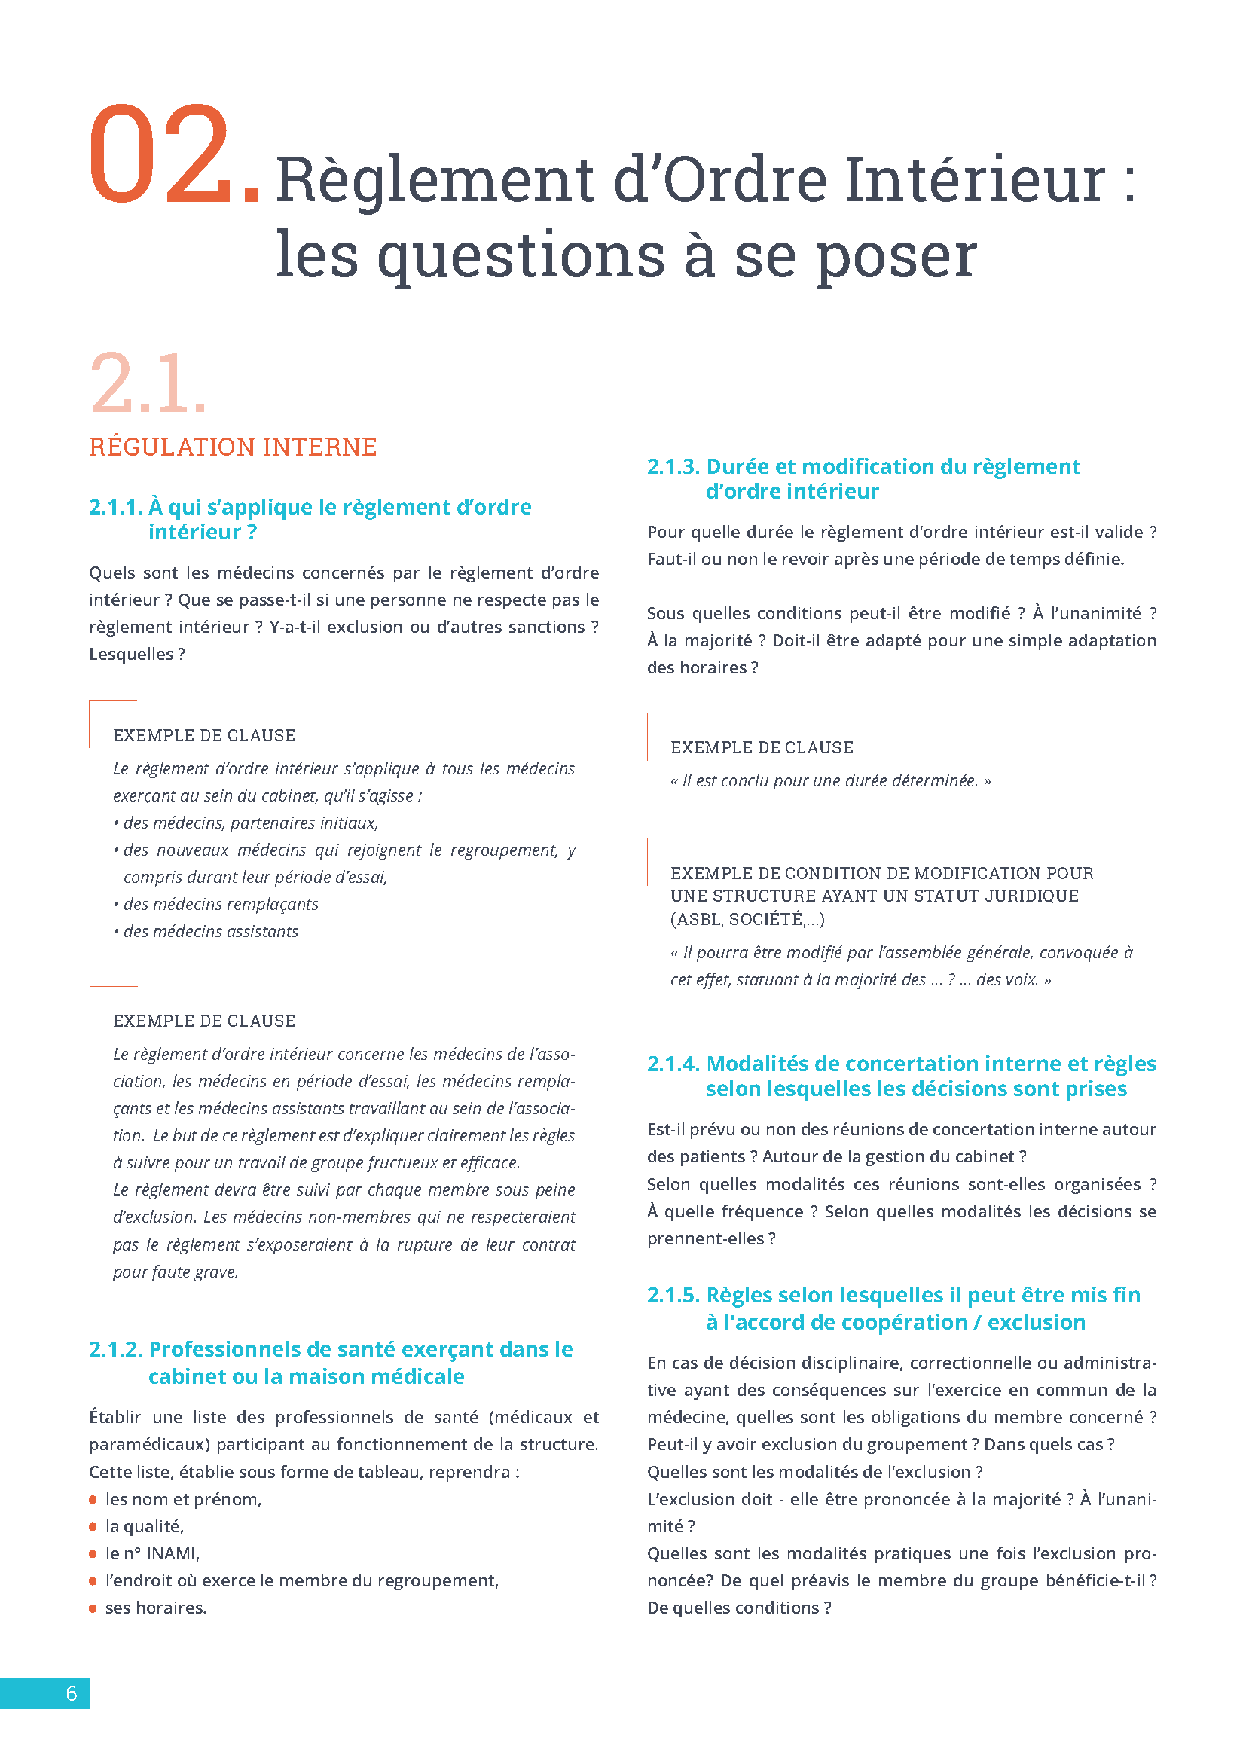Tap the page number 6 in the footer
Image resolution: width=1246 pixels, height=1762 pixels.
click(72, 1693)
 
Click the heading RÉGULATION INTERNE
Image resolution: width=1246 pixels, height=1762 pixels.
click(233, 447)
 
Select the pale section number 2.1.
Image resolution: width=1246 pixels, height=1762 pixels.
click(148, 383)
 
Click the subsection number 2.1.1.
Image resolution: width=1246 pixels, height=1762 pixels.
click(115, 507)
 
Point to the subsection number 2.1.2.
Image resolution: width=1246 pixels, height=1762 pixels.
click(115, 1349)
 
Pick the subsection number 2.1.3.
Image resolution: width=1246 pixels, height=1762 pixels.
click(673, 466)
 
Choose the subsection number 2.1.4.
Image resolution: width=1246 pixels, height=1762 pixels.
click(673, 1064)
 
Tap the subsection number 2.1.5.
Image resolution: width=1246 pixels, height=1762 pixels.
click(673, 1296)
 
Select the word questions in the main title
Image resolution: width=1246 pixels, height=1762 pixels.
click(521, 255)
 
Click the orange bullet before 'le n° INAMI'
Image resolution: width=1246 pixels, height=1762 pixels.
click(93, 1554)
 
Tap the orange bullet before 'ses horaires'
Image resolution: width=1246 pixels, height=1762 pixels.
click(93, 1608)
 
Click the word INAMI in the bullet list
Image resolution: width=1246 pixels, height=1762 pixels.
click(173, 1554)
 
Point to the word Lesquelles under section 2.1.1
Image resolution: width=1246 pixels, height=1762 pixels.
click(131, 655)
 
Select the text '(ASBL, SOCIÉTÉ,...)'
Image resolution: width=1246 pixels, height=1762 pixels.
click(747, 919)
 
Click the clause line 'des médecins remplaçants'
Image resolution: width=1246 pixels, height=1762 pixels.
click(220, 905)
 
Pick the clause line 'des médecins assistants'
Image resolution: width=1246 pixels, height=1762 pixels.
click(210, 932)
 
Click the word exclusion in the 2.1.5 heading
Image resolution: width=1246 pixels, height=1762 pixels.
click(1036, 1322)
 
